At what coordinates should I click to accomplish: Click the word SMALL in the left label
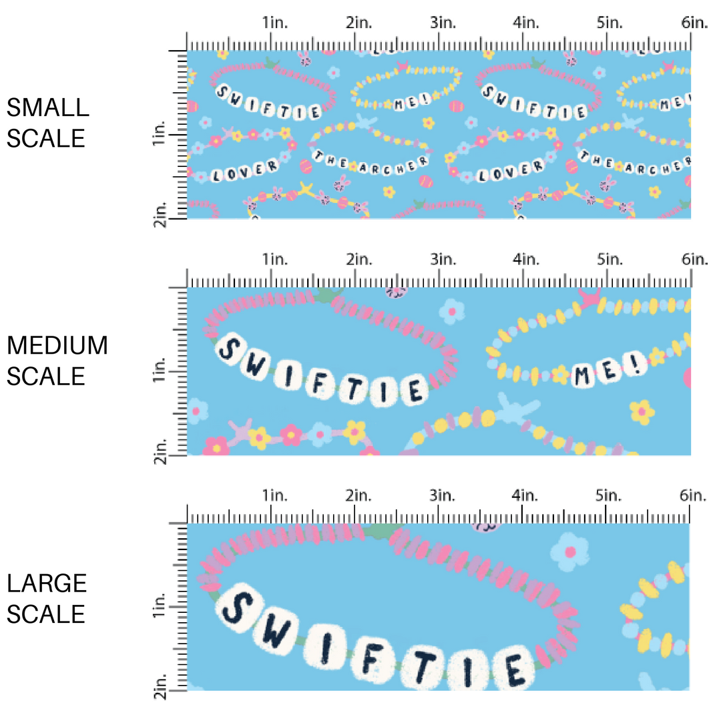[x=47, y=107]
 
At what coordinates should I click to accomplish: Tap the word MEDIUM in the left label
[x=57, y=345]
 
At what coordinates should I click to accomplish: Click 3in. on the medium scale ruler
[x=439, y=259]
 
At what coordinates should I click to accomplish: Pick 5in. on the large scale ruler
[x=606, y=495]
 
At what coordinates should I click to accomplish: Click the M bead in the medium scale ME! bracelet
[x=585, y=377]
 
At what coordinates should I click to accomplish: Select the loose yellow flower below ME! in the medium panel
[x=642, y=412]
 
